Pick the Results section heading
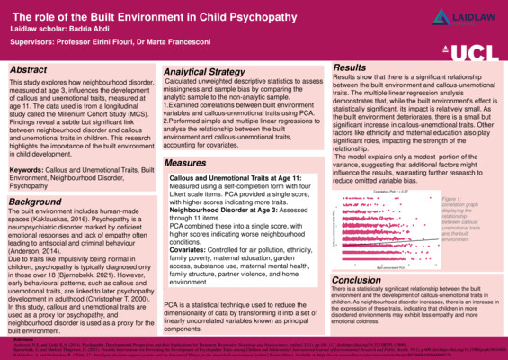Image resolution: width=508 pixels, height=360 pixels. click(350, 67)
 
